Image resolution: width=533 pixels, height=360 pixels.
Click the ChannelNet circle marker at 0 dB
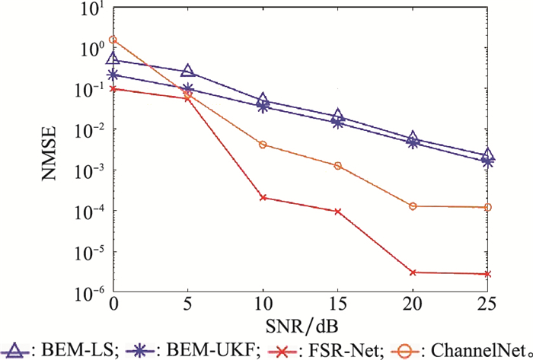[113, 40]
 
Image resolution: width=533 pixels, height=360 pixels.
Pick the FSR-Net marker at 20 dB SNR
[413, 272]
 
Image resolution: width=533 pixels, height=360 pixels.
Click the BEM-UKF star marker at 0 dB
[113, 75]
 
